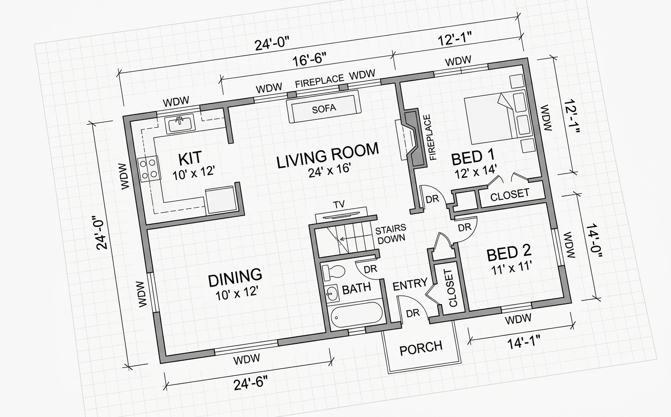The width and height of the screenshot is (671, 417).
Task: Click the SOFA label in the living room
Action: [324, 108]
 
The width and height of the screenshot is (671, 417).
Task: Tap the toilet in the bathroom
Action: [333, 272]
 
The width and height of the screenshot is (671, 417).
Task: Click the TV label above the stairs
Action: [339, 204]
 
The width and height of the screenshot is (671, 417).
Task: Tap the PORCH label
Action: [421, 348]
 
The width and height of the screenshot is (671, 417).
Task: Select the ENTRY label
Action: [410, 284]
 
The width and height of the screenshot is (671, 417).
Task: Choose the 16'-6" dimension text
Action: [309, 60]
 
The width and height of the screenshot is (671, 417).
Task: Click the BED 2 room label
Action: [509, 253]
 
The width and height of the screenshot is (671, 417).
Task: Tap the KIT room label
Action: [190, 158]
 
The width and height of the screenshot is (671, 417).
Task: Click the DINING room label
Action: [235, 276]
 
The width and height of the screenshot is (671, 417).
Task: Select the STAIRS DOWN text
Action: [390, 234]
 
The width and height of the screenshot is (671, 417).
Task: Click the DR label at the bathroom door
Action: [370, 269]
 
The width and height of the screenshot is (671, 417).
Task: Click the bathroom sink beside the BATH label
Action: [331, 293]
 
